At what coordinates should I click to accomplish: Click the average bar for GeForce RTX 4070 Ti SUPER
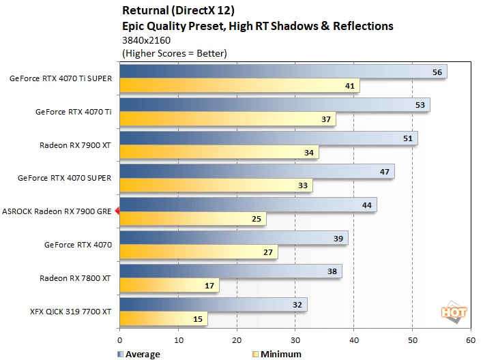[283, 72]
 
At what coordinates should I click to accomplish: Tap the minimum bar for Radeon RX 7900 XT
[219, 152]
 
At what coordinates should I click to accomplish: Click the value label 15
[198, 319]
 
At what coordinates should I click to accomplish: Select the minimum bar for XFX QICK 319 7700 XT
[163, 319]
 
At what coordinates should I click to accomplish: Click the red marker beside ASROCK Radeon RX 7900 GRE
[117, 211]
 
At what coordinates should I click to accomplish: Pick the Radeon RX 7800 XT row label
[76, 277]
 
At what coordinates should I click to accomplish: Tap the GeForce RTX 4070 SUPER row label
[65, 178]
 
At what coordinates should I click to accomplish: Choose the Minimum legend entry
[278, 354]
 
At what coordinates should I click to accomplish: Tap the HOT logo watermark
[454, 312]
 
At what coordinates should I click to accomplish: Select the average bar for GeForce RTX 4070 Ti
[274, 105]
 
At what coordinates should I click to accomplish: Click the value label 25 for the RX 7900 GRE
[257, 220]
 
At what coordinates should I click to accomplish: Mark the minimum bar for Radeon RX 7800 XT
[169, 286]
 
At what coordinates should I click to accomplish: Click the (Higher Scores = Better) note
[174, 53]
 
